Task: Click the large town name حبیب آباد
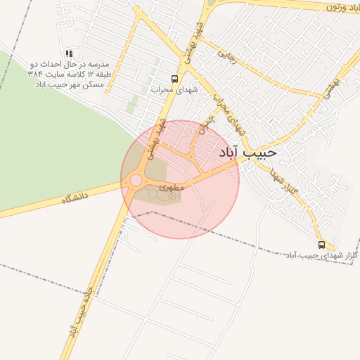click(x=247, y=152)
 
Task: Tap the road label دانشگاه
click(x=77, y=199)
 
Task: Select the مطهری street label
click(x=172, y=188)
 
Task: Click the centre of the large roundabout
click(x=136, y=180)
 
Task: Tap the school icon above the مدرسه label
click(x=69, y=53)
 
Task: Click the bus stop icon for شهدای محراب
click(x=174, y=79)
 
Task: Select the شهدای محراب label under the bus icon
click(x=174, y=90)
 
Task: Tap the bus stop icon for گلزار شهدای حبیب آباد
click(x=321, y=245)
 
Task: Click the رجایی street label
click(x=227, y=53)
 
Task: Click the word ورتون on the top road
click(x=343, y=6)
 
